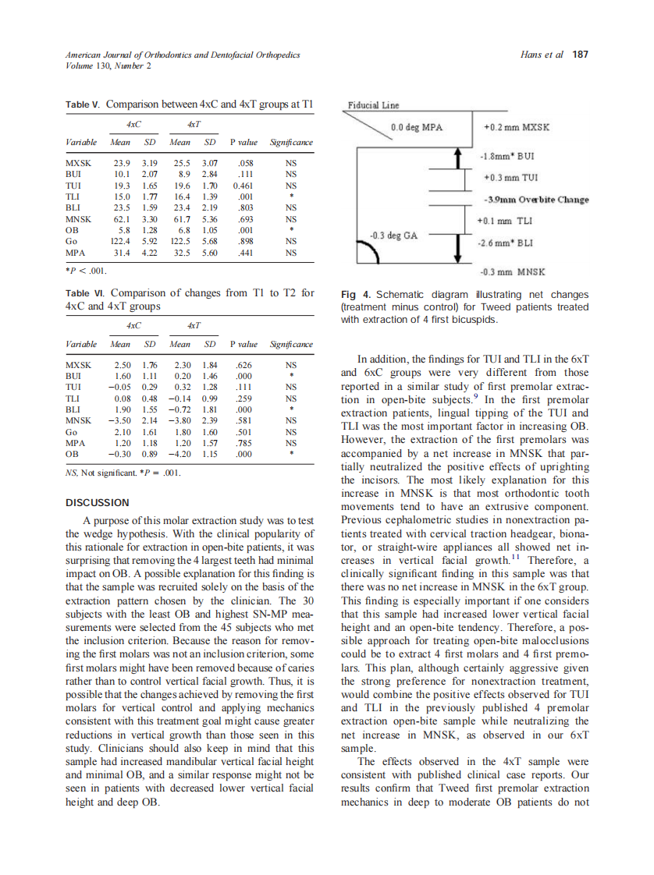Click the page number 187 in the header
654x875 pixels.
(x=579, y=55)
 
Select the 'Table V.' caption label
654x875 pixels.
(x=83, y=104)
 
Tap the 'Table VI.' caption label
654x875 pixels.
(x=84, y=294)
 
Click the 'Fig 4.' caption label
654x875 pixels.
(x=356, y=294)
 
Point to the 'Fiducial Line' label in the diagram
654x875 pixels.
(x=373, y=106)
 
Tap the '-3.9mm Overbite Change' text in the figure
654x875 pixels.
(x=536, y=200)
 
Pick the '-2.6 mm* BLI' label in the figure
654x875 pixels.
(x=508, y=243)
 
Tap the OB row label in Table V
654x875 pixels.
(x=72, y=231)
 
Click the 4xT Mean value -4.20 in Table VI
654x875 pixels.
(x=180, y=453)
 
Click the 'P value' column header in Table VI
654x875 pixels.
(x=243, y=344)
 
